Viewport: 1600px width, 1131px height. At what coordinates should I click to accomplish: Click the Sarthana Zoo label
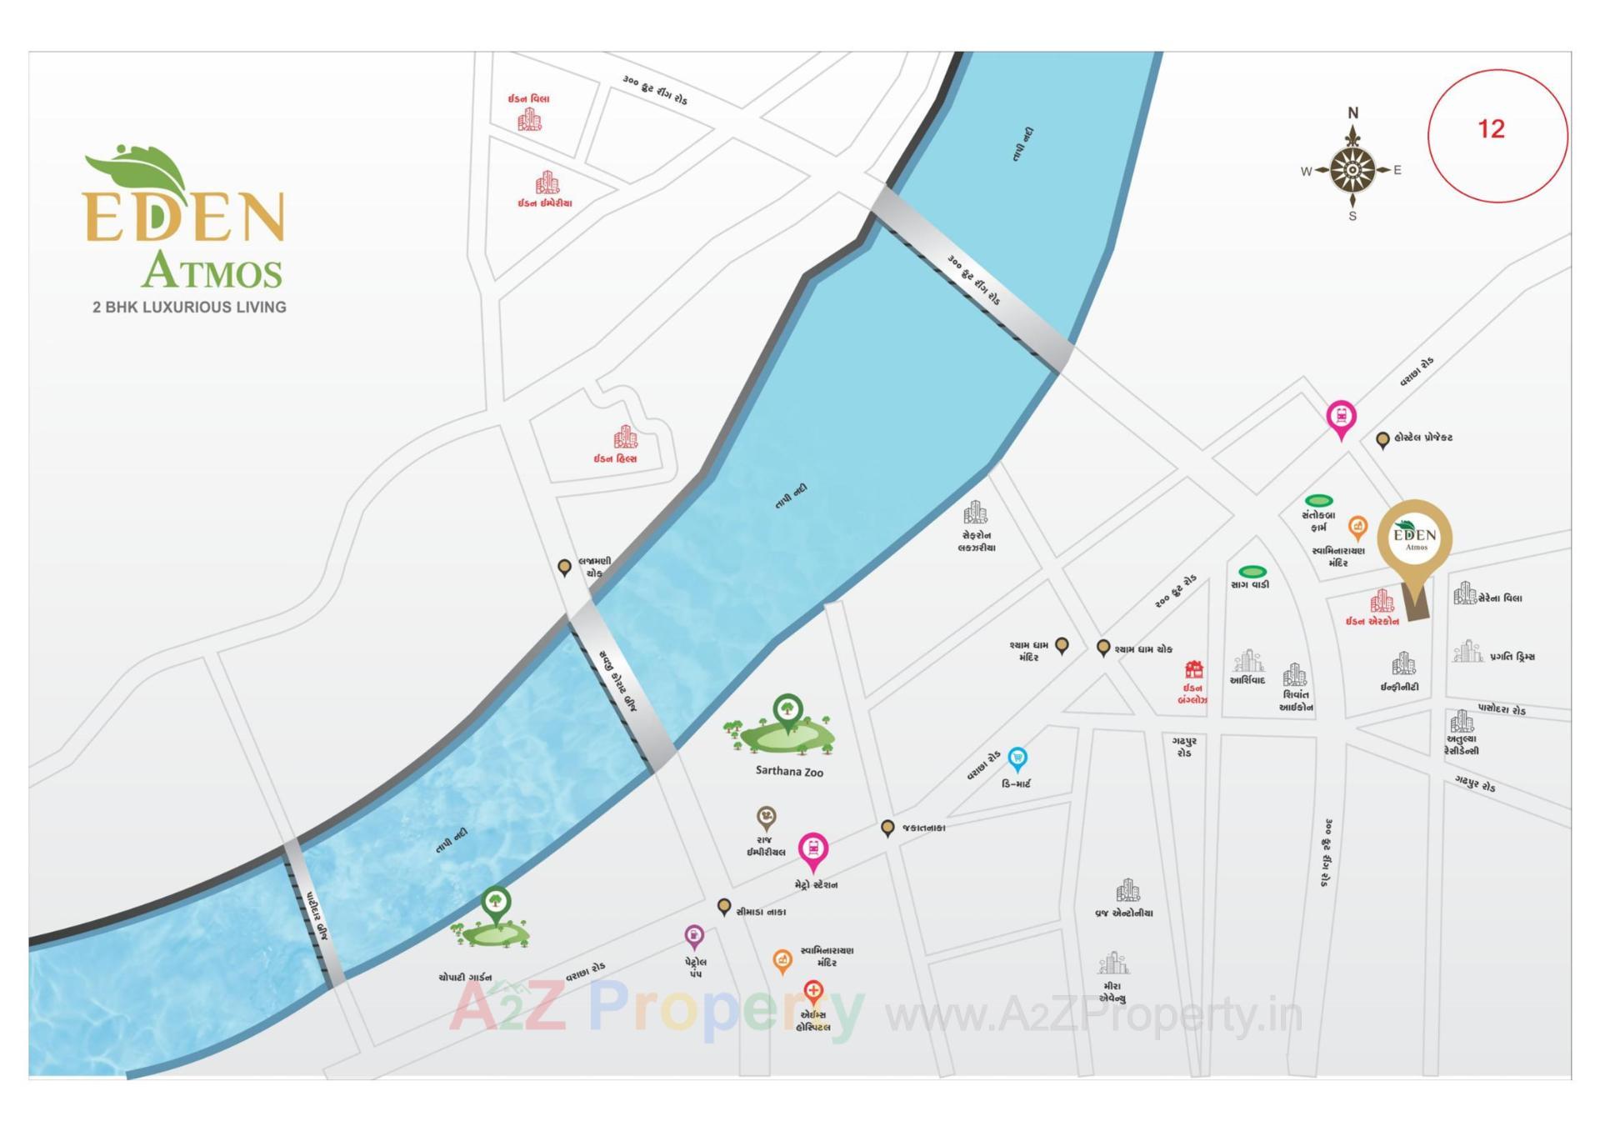pos(788,771)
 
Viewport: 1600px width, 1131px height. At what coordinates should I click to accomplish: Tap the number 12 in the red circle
pos(1491,129)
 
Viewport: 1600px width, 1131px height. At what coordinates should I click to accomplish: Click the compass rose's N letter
pos(1352,113)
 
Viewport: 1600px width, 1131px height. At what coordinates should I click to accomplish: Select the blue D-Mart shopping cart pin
pos(1017,758)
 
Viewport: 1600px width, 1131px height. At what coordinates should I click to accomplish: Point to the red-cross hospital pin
pos(812,991)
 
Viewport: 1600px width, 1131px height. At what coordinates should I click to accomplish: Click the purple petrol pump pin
pos(693,935)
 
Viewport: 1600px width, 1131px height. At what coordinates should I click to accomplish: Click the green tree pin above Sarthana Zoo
pos(787,710)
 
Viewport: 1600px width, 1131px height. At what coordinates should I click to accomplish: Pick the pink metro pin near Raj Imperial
pos(812,849)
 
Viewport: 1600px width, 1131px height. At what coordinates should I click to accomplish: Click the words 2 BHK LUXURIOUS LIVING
pos(189,308)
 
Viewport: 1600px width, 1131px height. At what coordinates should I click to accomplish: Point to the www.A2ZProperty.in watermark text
pos(1092,1015)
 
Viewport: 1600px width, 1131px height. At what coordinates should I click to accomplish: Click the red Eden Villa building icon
pos(529,120)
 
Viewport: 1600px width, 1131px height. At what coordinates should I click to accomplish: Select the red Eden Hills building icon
pos(625,437)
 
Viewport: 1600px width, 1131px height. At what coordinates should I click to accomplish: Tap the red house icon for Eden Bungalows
pos(1193,669)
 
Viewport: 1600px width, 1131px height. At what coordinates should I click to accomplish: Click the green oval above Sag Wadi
pos(1252,572)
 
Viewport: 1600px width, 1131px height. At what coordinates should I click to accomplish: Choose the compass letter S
pos(1352,217)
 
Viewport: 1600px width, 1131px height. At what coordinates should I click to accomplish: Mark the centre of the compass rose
pos(1352,170)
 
